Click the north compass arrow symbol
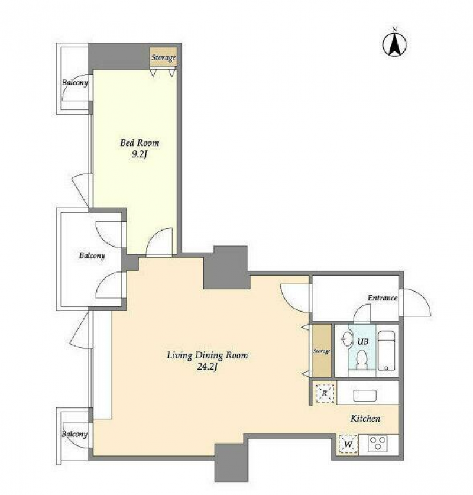[x=394, y=44]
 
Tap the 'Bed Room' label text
[x=140, y=143]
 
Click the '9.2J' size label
[x=140, y=155]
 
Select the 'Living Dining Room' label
[x=208, y=355]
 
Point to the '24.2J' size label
[x=208, y=367]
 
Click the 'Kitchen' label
[x=365, y=419]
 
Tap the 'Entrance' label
[x=383, y=297]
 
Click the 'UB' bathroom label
[x=362, y=342]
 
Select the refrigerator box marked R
[x=325, y=393]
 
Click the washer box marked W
[x=348, y=445]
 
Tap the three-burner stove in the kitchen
[x=378, y=444]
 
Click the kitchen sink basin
[x=365, y=396]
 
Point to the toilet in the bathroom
[x=362, y=360]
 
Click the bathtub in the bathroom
[x=386, y=351]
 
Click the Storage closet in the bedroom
[x=163, y=57]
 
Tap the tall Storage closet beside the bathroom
[x=322, y=351]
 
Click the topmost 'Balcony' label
[x=74, y=83]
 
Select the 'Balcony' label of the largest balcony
[x=92, y=255]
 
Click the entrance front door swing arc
[x=423, y=297]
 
